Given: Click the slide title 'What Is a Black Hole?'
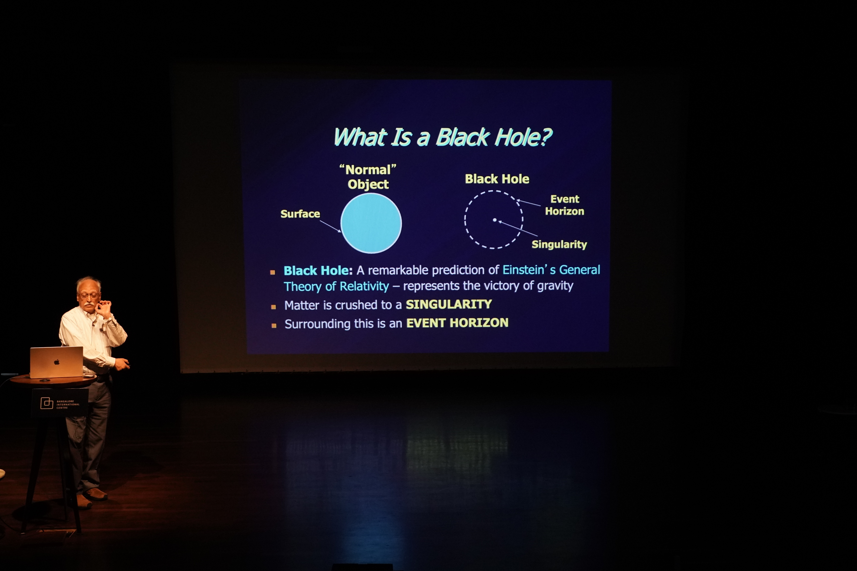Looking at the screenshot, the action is (x=443, y=137).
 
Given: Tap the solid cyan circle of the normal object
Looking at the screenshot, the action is (x=371, y=223).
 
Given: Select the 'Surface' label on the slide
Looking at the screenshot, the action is (x=300, y=214).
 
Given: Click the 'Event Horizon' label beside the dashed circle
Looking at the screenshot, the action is (x=564, y=205).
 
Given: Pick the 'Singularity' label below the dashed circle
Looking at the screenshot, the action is (x=559, y=244).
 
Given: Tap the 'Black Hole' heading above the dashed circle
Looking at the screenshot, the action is (x=497, y=179).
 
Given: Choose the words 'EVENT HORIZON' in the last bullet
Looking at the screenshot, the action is (x=457, y=323).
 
